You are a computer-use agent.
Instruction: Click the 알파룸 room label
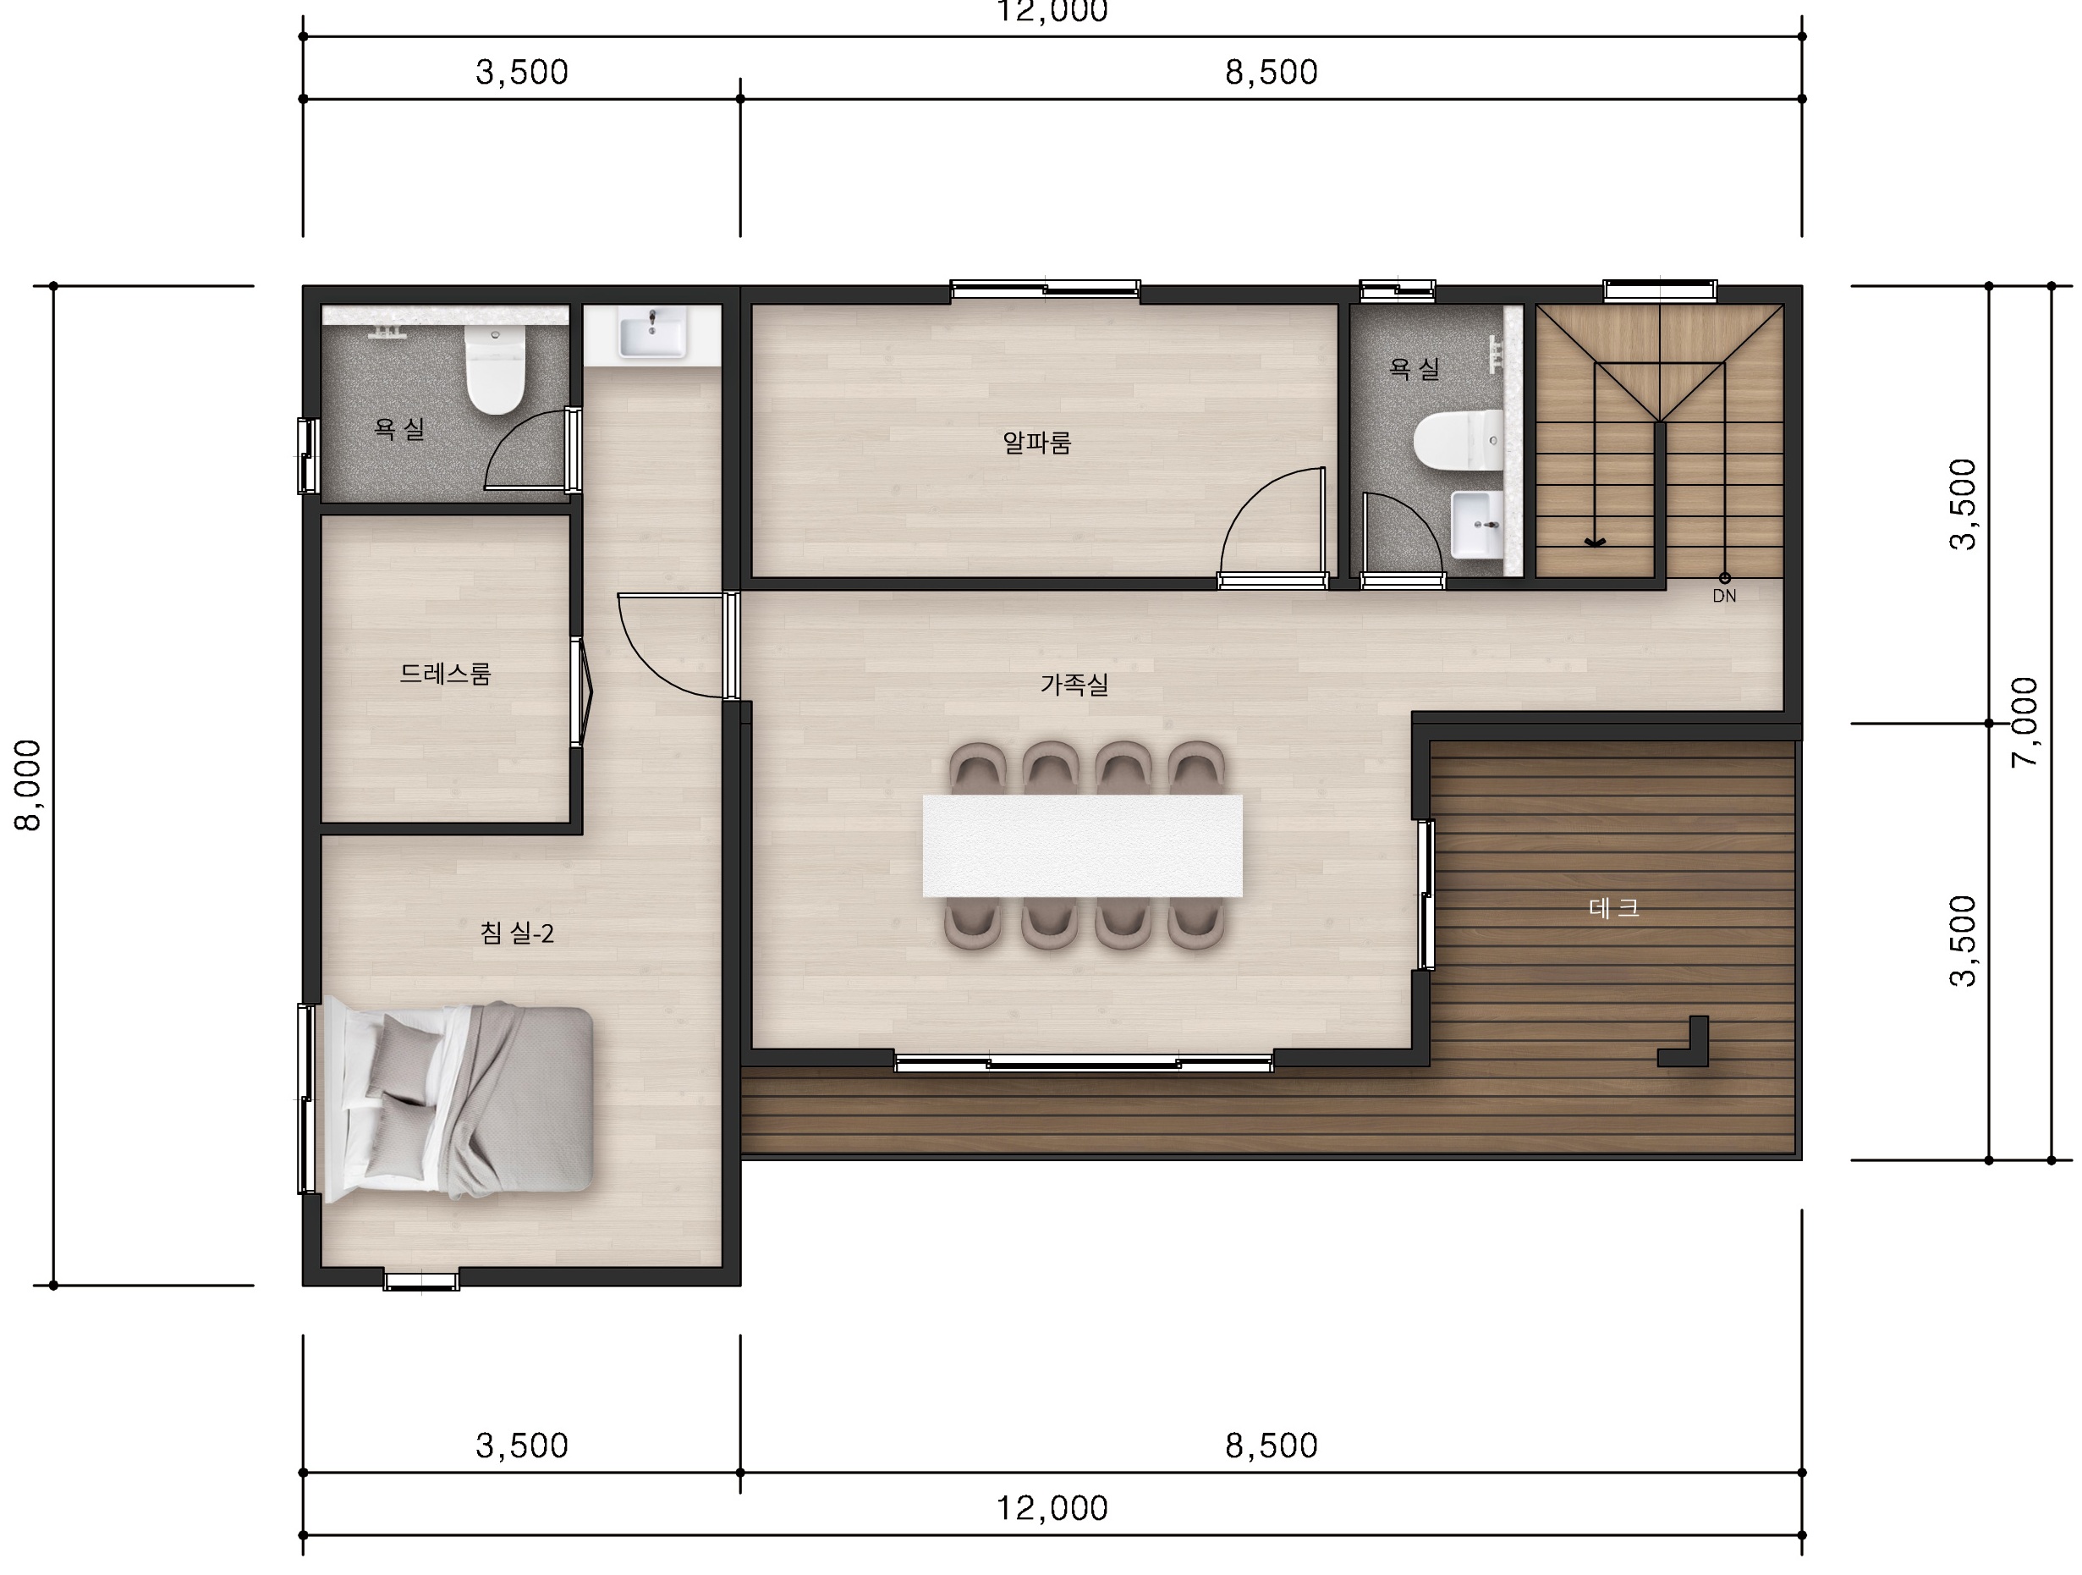[x=1036, y=443]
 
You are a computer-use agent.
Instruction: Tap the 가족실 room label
[x=1074, y=685]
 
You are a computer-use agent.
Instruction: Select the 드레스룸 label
[x=445, y=673]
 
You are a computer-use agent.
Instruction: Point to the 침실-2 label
[x=517, y=933]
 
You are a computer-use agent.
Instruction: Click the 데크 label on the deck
[x=1614, y=907]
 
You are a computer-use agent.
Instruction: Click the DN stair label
[x=1724, y=596]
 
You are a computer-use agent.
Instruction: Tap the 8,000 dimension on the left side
[x=28, y=785]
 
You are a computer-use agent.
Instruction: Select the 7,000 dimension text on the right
[x=2024, y=723]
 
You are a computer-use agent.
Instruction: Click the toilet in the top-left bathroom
[x=495, y=370]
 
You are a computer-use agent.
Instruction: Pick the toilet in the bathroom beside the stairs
[x=1458, y=439]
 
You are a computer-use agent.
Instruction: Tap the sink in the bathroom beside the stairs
[x=1477, y=525]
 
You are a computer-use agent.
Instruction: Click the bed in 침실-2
[x=459, y=1100]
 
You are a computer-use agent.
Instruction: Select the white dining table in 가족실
[x=1082, y=845]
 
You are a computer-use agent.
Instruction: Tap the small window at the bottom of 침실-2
[x=420, y=1280]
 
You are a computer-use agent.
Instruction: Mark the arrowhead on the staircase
[x=1595, y=542]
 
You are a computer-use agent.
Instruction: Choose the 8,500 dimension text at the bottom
[x=1271, y=1445]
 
